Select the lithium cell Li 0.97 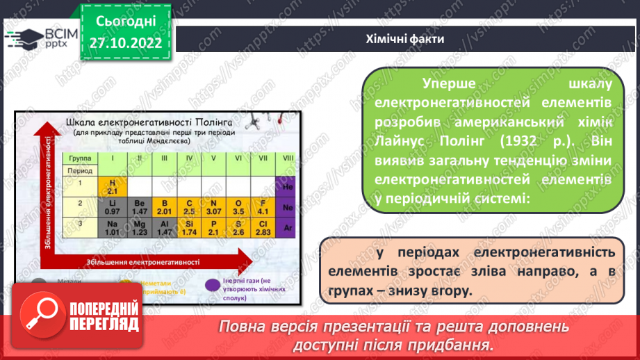(x=111, y=206)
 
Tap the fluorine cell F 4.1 (x=263, y=206)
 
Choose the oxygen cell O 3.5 (x=238, y=206)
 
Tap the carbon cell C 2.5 (x=188, y=206)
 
